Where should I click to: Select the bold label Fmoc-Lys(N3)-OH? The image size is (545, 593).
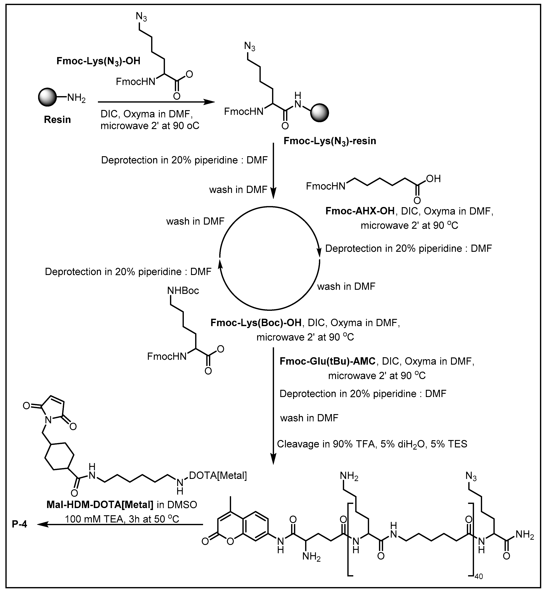tap(98, 61)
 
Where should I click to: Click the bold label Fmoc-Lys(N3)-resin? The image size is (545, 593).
tap(330, 141)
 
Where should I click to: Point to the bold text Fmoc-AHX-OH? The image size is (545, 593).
tap(360, 211)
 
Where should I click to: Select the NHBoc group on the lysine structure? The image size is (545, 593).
tap(183, 291)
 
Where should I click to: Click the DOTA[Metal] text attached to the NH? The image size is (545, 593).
tap(218, 475)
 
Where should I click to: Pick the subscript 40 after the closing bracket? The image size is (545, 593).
tap(479, 576)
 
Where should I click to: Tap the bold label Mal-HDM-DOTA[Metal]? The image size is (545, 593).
tap(100, 505)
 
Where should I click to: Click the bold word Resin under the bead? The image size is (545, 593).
tap(57, 120)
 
